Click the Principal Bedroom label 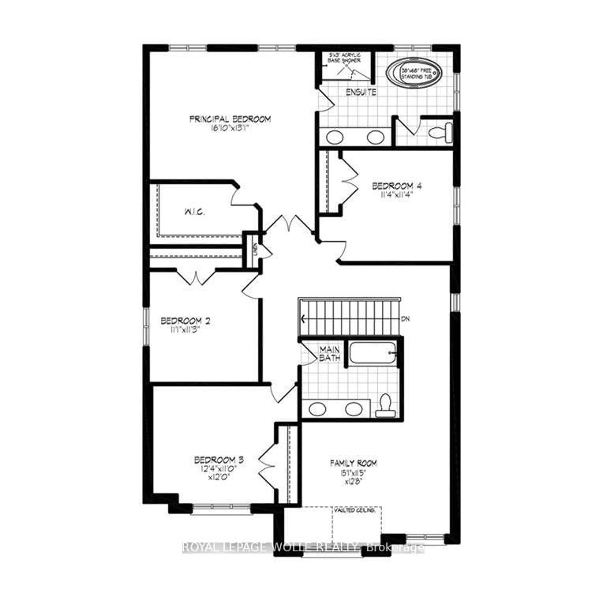click(230, 119)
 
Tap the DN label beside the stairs click(405, 319)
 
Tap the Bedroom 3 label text click(219, 460)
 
